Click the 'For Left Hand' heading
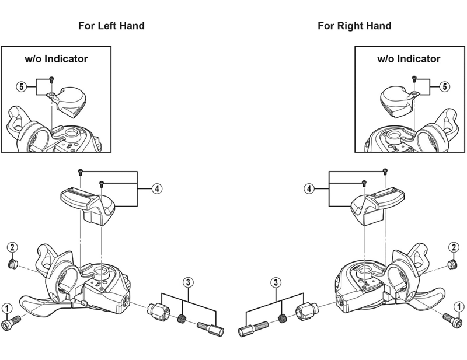[x=111, y=26]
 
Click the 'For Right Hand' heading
[x=354, y=26]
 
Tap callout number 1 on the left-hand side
[x=7, y=307]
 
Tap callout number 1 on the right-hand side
[x=460, y=306]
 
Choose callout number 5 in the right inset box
[x=445, y=87]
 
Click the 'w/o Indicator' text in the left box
[x=56, y=58]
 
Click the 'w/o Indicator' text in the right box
[x=409, y=58]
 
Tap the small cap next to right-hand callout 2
[x=452, y=264]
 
